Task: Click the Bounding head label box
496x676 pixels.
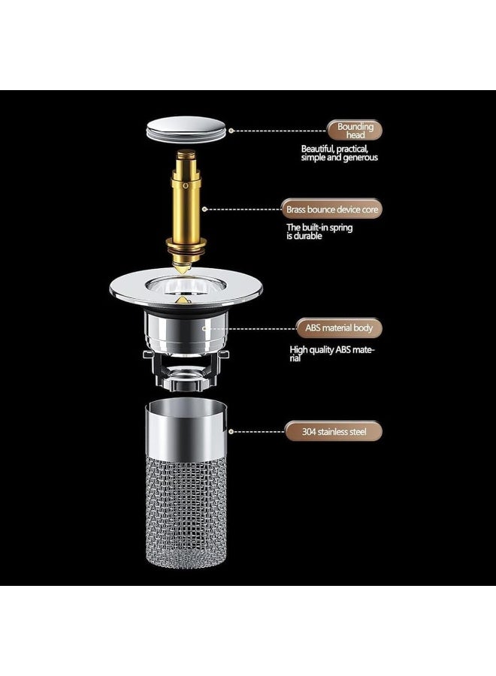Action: (355, 131)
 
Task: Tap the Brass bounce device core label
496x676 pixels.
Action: (332, 210)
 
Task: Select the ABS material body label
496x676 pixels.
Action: (338, 328)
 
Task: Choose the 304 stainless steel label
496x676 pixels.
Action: (332, 432)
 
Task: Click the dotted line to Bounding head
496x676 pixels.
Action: (278, 131)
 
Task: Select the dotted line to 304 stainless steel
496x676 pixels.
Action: (256, 432)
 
